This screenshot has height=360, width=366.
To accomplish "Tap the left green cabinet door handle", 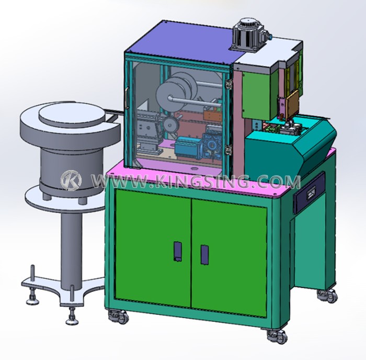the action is coord(178,251).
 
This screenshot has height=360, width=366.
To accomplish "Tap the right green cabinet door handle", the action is coord(205,255).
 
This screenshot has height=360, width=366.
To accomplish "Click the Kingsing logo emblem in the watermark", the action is coord(71,180).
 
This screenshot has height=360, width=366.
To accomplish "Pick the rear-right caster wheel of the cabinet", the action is coord(328,295).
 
